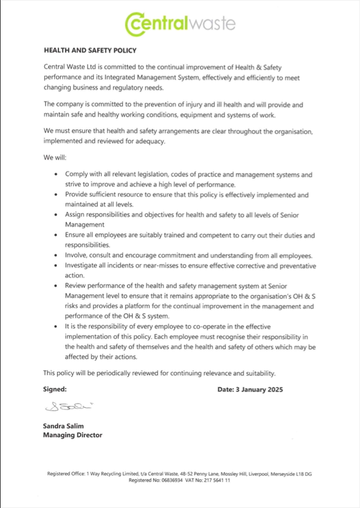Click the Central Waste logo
click(x=180, y=23)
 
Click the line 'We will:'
click(x=55, y=158)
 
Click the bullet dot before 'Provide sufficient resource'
click(x=55, y=194)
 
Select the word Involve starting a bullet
click(x=77, y=256)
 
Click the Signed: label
click(x=55, y=389)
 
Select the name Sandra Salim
click(x=63, y=426)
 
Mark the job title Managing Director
click(x=73, y=435)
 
